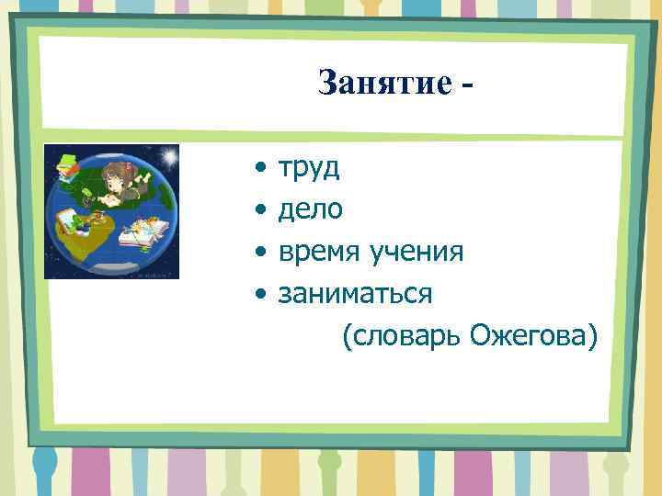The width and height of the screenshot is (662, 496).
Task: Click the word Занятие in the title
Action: pos(384,84)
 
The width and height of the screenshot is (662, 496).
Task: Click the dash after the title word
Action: pos(471,85)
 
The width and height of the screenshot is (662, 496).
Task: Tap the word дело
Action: pos(311,210)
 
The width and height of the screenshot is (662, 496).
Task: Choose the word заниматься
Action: pos(355,294)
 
